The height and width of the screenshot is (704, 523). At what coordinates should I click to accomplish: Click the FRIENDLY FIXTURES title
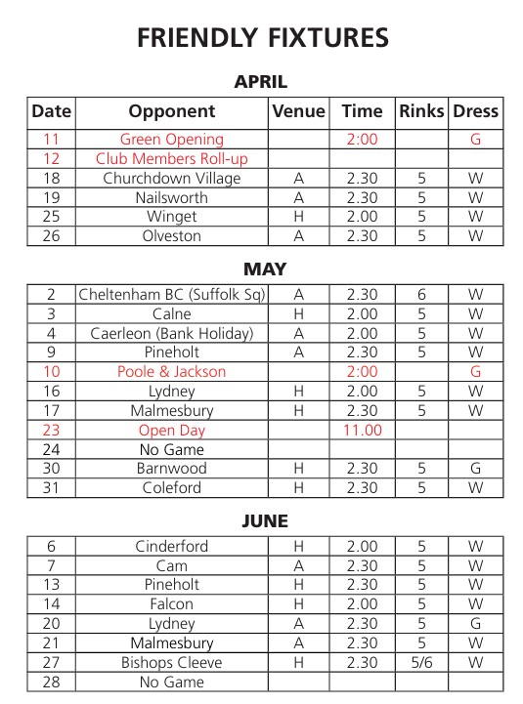coord(262,38)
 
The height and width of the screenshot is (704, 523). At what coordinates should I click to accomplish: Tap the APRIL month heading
coord(261,83)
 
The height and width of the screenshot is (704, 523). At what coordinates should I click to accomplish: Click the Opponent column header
coord(172,111)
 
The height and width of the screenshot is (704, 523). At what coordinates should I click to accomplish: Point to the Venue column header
coord(298,111)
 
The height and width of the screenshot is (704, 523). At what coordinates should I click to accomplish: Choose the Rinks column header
coord(421,111)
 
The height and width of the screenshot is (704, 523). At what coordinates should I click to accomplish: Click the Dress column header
coord(475,111)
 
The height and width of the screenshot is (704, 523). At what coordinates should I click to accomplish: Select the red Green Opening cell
coord(172,140)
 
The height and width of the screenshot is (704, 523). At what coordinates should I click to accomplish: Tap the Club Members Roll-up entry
coord(172,159)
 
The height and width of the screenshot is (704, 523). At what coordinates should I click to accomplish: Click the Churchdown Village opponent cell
coord(172,179)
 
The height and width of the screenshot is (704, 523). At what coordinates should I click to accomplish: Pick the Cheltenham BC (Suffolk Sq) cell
coord(172,295)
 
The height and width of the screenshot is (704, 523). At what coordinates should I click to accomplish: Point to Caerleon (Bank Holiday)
coord(172,334)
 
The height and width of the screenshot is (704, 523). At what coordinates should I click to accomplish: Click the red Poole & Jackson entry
coord(172,372)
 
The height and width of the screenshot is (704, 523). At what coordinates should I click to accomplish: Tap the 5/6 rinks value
coord(421,663)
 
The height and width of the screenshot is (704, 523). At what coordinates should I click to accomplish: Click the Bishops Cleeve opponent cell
coord(172,663)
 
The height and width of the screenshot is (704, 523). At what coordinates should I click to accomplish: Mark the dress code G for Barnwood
coord(475,469)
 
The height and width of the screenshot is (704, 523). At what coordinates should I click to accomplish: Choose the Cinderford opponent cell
coord(172,547)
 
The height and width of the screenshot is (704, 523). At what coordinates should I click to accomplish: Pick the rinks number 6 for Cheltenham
coord(421,295)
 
